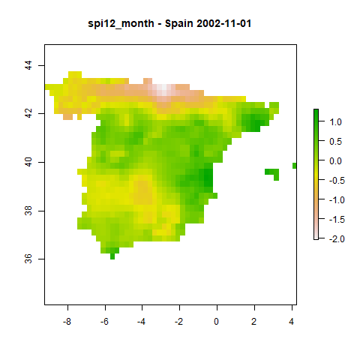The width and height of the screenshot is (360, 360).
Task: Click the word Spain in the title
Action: (x=179, y=24)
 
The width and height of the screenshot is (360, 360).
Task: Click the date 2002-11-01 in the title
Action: (x=223, y=24)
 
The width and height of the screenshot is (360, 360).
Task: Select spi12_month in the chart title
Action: (x=121, y=25)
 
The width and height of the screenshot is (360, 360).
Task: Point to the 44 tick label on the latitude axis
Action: (x=28, y=65)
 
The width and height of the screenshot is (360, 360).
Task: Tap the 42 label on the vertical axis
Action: (x=28, y=113)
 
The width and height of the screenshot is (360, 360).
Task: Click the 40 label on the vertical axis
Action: (x=28, y=162)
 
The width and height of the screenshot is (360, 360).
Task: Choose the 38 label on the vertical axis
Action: (x=28, y=211)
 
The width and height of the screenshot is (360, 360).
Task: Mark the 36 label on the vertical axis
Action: (x=28, y=259)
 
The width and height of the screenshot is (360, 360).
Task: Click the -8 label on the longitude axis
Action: (x=67, y=322)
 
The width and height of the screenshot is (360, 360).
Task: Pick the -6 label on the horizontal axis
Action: (x=104, y=322)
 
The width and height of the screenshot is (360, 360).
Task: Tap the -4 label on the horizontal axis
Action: (x=142, y=322)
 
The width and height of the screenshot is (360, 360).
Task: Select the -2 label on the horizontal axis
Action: (x=179, y=322)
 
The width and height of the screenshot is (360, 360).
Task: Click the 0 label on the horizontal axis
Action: (x=217, y=322)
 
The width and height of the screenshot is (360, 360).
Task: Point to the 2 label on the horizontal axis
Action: (x=254, y=322)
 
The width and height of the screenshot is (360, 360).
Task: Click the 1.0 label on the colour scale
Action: (x=335, y=122)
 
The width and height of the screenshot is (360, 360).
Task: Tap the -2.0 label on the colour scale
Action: (x=337, y=239)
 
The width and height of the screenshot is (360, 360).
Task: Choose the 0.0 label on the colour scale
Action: (x=335, y=161)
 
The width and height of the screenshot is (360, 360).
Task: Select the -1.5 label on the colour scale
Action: (x=337, y=220)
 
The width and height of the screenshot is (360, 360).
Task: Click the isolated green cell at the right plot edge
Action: (x=295, y=166)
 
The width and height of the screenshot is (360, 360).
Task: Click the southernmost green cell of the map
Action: (x=112, y=256)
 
